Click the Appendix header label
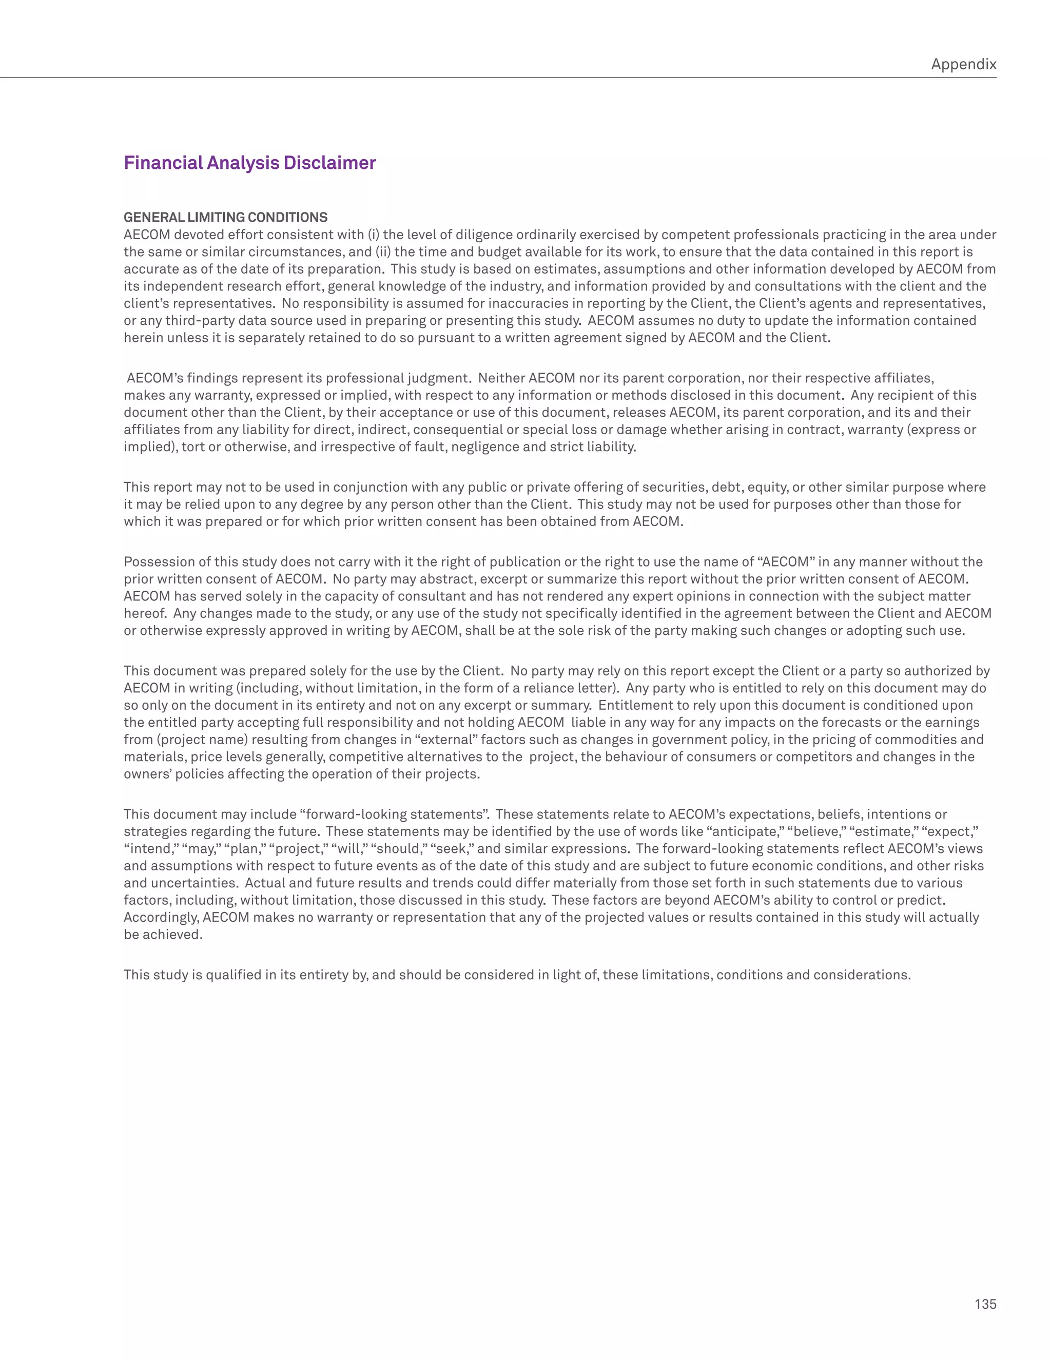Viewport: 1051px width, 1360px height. point(963,64)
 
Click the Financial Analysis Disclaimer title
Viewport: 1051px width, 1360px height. point(250,163)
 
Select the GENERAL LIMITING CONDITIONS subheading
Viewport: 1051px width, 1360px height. point(225,217)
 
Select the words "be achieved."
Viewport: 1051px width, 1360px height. point(163,935)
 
